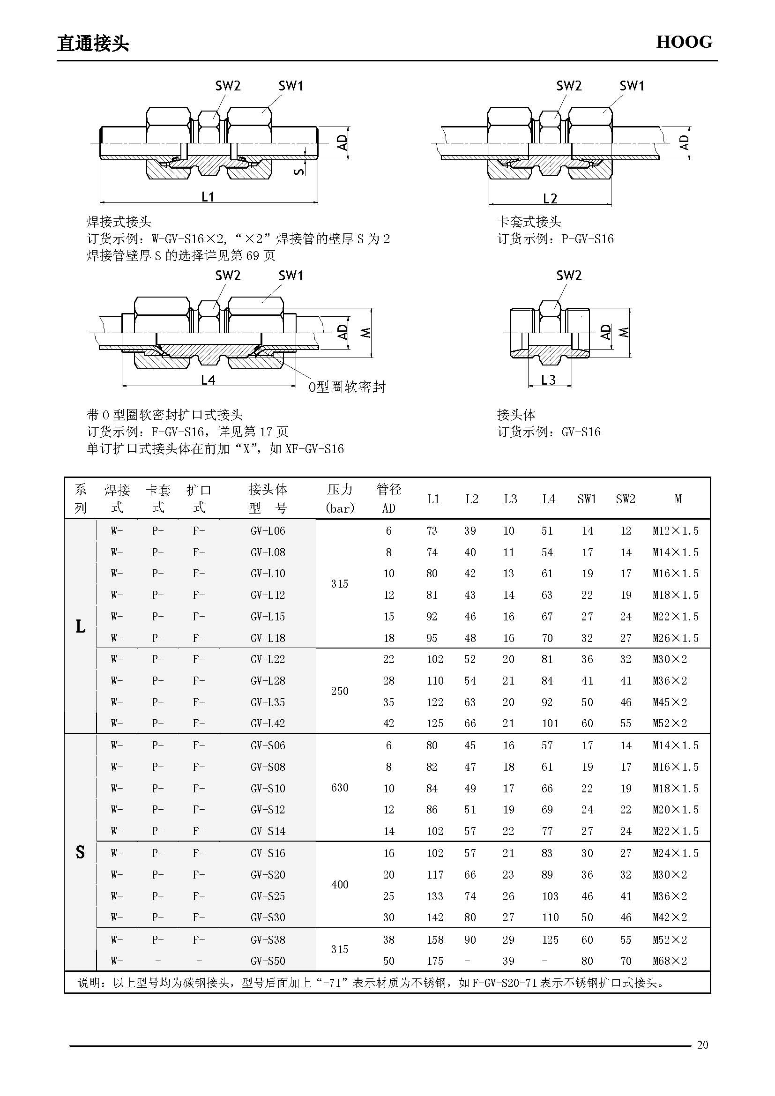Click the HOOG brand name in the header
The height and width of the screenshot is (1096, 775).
684,42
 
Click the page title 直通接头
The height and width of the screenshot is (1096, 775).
93,44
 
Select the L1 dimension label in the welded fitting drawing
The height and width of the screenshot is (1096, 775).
208,196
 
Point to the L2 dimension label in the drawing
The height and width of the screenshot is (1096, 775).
550,198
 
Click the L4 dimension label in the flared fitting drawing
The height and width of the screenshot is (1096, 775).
208,380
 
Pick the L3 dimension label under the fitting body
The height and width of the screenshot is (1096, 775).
548,380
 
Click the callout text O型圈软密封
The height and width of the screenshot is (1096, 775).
346,387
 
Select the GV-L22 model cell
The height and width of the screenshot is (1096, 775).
267,659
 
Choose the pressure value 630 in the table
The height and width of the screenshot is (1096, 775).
339,787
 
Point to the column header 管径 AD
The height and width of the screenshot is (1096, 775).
388,499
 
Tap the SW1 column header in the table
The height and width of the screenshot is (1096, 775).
587,499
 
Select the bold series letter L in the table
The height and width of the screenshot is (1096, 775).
81,627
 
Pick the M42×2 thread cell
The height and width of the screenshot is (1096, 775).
670,917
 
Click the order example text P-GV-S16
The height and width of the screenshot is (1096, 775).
587,239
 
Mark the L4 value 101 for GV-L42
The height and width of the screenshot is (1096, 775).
550,723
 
